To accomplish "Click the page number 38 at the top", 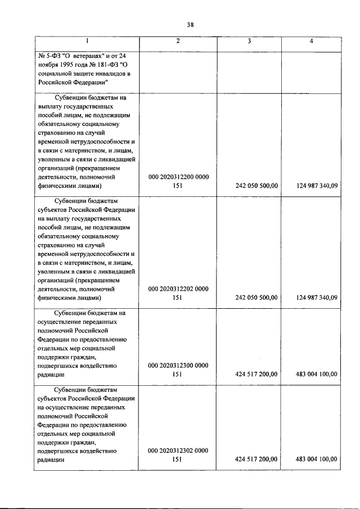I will click(190, 24).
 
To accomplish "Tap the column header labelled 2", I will click(178, 42).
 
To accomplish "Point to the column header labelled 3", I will click(249, 42).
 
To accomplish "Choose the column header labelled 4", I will click(311, 42).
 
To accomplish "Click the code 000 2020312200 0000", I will click(178, 177).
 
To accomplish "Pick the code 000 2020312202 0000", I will click(178, 289).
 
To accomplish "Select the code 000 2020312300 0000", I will click(178, 365).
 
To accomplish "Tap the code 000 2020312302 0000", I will click(178, 450).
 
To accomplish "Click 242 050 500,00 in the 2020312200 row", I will click(256, 186).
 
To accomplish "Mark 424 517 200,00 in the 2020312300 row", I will click(256, 374).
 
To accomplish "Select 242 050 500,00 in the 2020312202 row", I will click(256, 298).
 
